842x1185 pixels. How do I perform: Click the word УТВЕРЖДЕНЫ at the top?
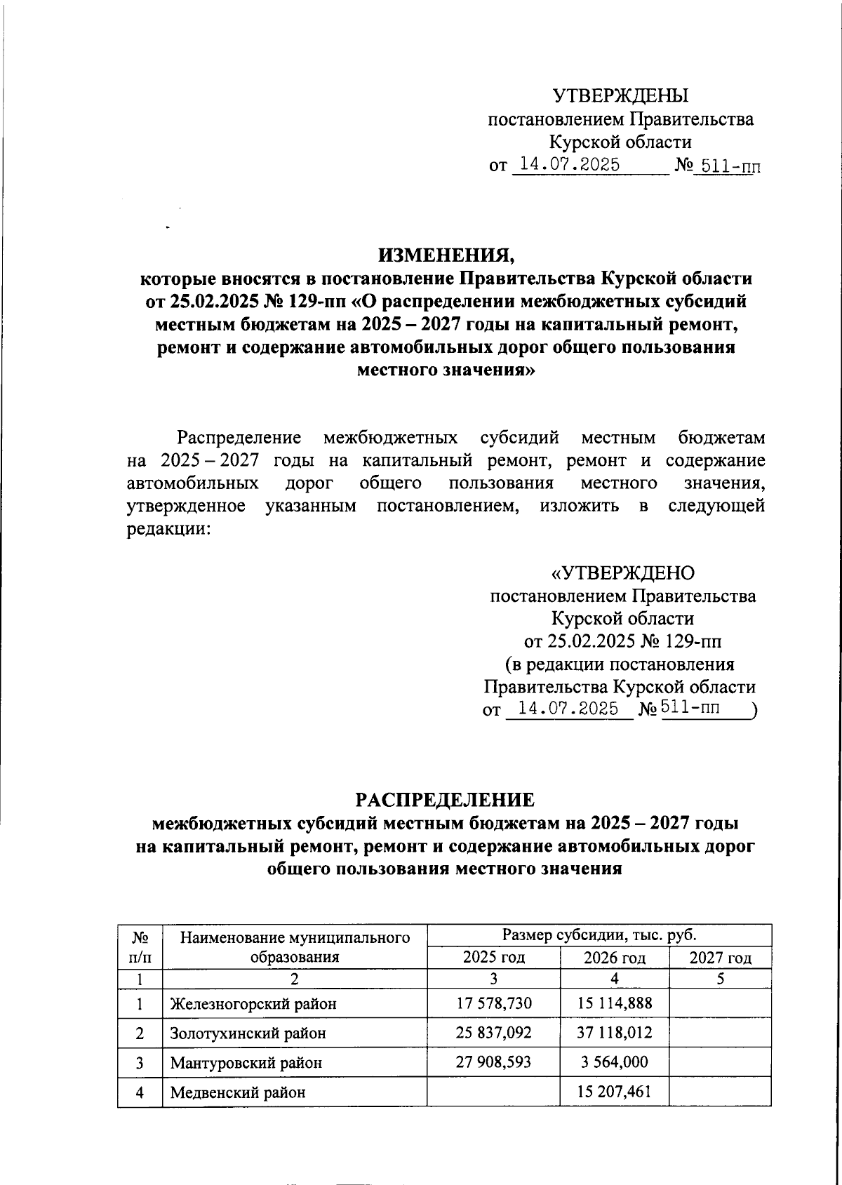point(620,96)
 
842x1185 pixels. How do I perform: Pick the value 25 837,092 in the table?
point(494,1033)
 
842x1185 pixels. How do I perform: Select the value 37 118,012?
point(615,1033)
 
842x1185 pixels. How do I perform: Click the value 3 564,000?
point(615,1062)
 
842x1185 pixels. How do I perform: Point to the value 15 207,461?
point(615,1092)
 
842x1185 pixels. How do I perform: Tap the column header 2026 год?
point(615,958)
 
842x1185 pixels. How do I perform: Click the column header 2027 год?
point(721,958)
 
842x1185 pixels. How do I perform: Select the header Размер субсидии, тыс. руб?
point(599,935)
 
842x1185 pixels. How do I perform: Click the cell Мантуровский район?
point(246,1063)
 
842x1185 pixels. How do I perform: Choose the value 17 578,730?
point(494,1003)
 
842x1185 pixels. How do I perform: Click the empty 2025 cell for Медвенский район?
point(494,1092)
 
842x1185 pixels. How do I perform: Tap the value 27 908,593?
point(494,1062)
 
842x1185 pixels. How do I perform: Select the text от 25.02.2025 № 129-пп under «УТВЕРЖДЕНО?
point(622,641)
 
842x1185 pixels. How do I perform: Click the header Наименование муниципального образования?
point(295,946)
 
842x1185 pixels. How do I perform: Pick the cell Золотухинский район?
point(248,1033)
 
